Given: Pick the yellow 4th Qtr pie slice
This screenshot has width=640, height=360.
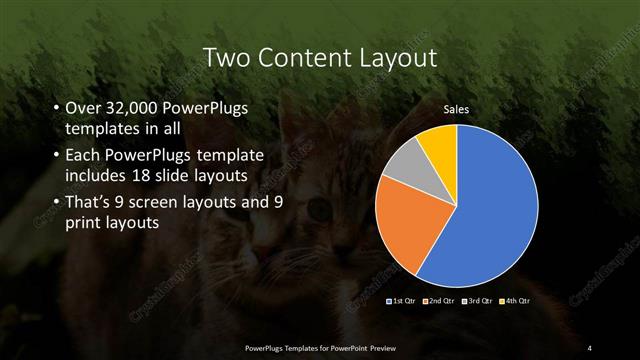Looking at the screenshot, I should click(x=440, y=143).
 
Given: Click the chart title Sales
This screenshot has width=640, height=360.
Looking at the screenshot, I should click(x=456, y=109).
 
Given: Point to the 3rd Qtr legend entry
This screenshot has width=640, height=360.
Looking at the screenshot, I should click(x=479, y=300).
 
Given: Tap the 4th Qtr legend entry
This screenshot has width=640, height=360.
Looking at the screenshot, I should click(x=517, y=300).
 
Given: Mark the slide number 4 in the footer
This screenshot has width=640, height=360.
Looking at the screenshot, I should click(x=590, y=347).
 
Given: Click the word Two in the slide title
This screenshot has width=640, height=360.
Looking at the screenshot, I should click(x=224, y=58).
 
